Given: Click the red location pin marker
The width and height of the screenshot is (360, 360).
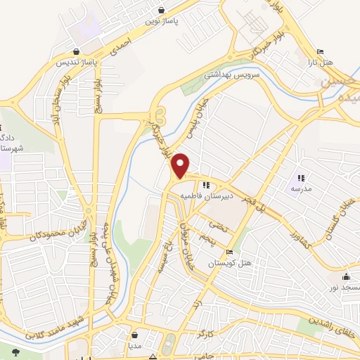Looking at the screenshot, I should (181, 165).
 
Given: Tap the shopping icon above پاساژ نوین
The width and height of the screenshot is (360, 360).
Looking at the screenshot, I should (162, 10).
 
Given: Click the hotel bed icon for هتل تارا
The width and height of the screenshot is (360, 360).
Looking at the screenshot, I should (321, 51).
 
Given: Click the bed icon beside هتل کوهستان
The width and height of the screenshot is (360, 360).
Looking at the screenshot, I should (229, 252).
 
